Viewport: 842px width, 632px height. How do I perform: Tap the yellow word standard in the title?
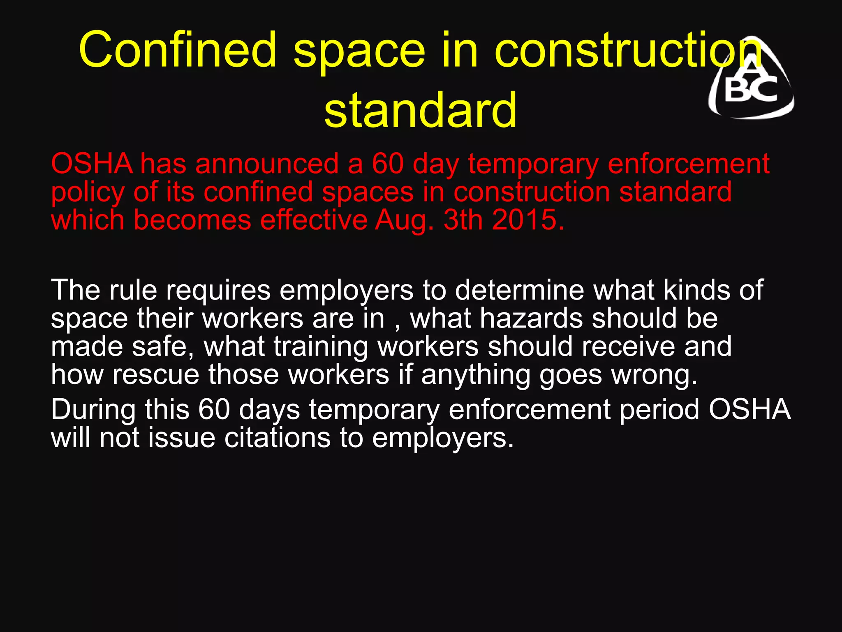(420, 110)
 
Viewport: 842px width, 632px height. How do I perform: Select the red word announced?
(267, 164)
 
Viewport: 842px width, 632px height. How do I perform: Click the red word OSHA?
(91, 164)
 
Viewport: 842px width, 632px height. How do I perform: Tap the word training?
(321, 347)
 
